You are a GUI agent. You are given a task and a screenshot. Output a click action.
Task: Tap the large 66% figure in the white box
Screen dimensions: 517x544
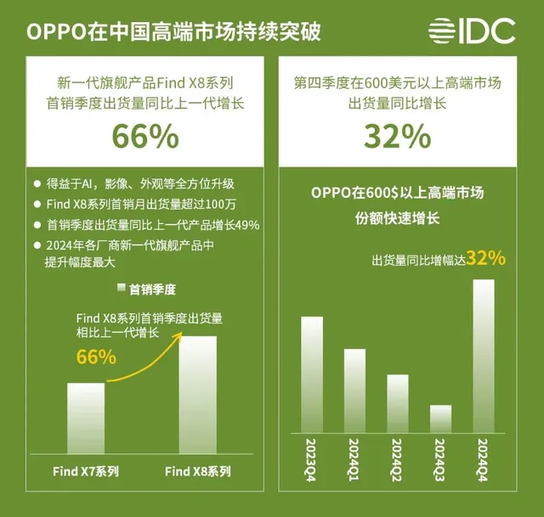[145, 136]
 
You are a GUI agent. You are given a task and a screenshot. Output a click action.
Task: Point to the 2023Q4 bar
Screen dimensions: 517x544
[312, 373]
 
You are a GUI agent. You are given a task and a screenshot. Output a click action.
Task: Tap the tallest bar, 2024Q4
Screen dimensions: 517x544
[483, 354]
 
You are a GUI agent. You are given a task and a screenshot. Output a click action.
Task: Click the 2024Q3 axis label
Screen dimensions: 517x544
[440, 458]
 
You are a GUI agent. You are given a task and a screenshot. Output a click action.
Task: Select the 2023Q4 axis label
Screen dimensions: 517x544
[312, 458]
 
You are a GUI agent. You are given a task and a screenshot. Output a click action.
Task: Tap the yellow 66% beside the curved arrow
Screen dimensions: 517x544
[96, 357]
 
